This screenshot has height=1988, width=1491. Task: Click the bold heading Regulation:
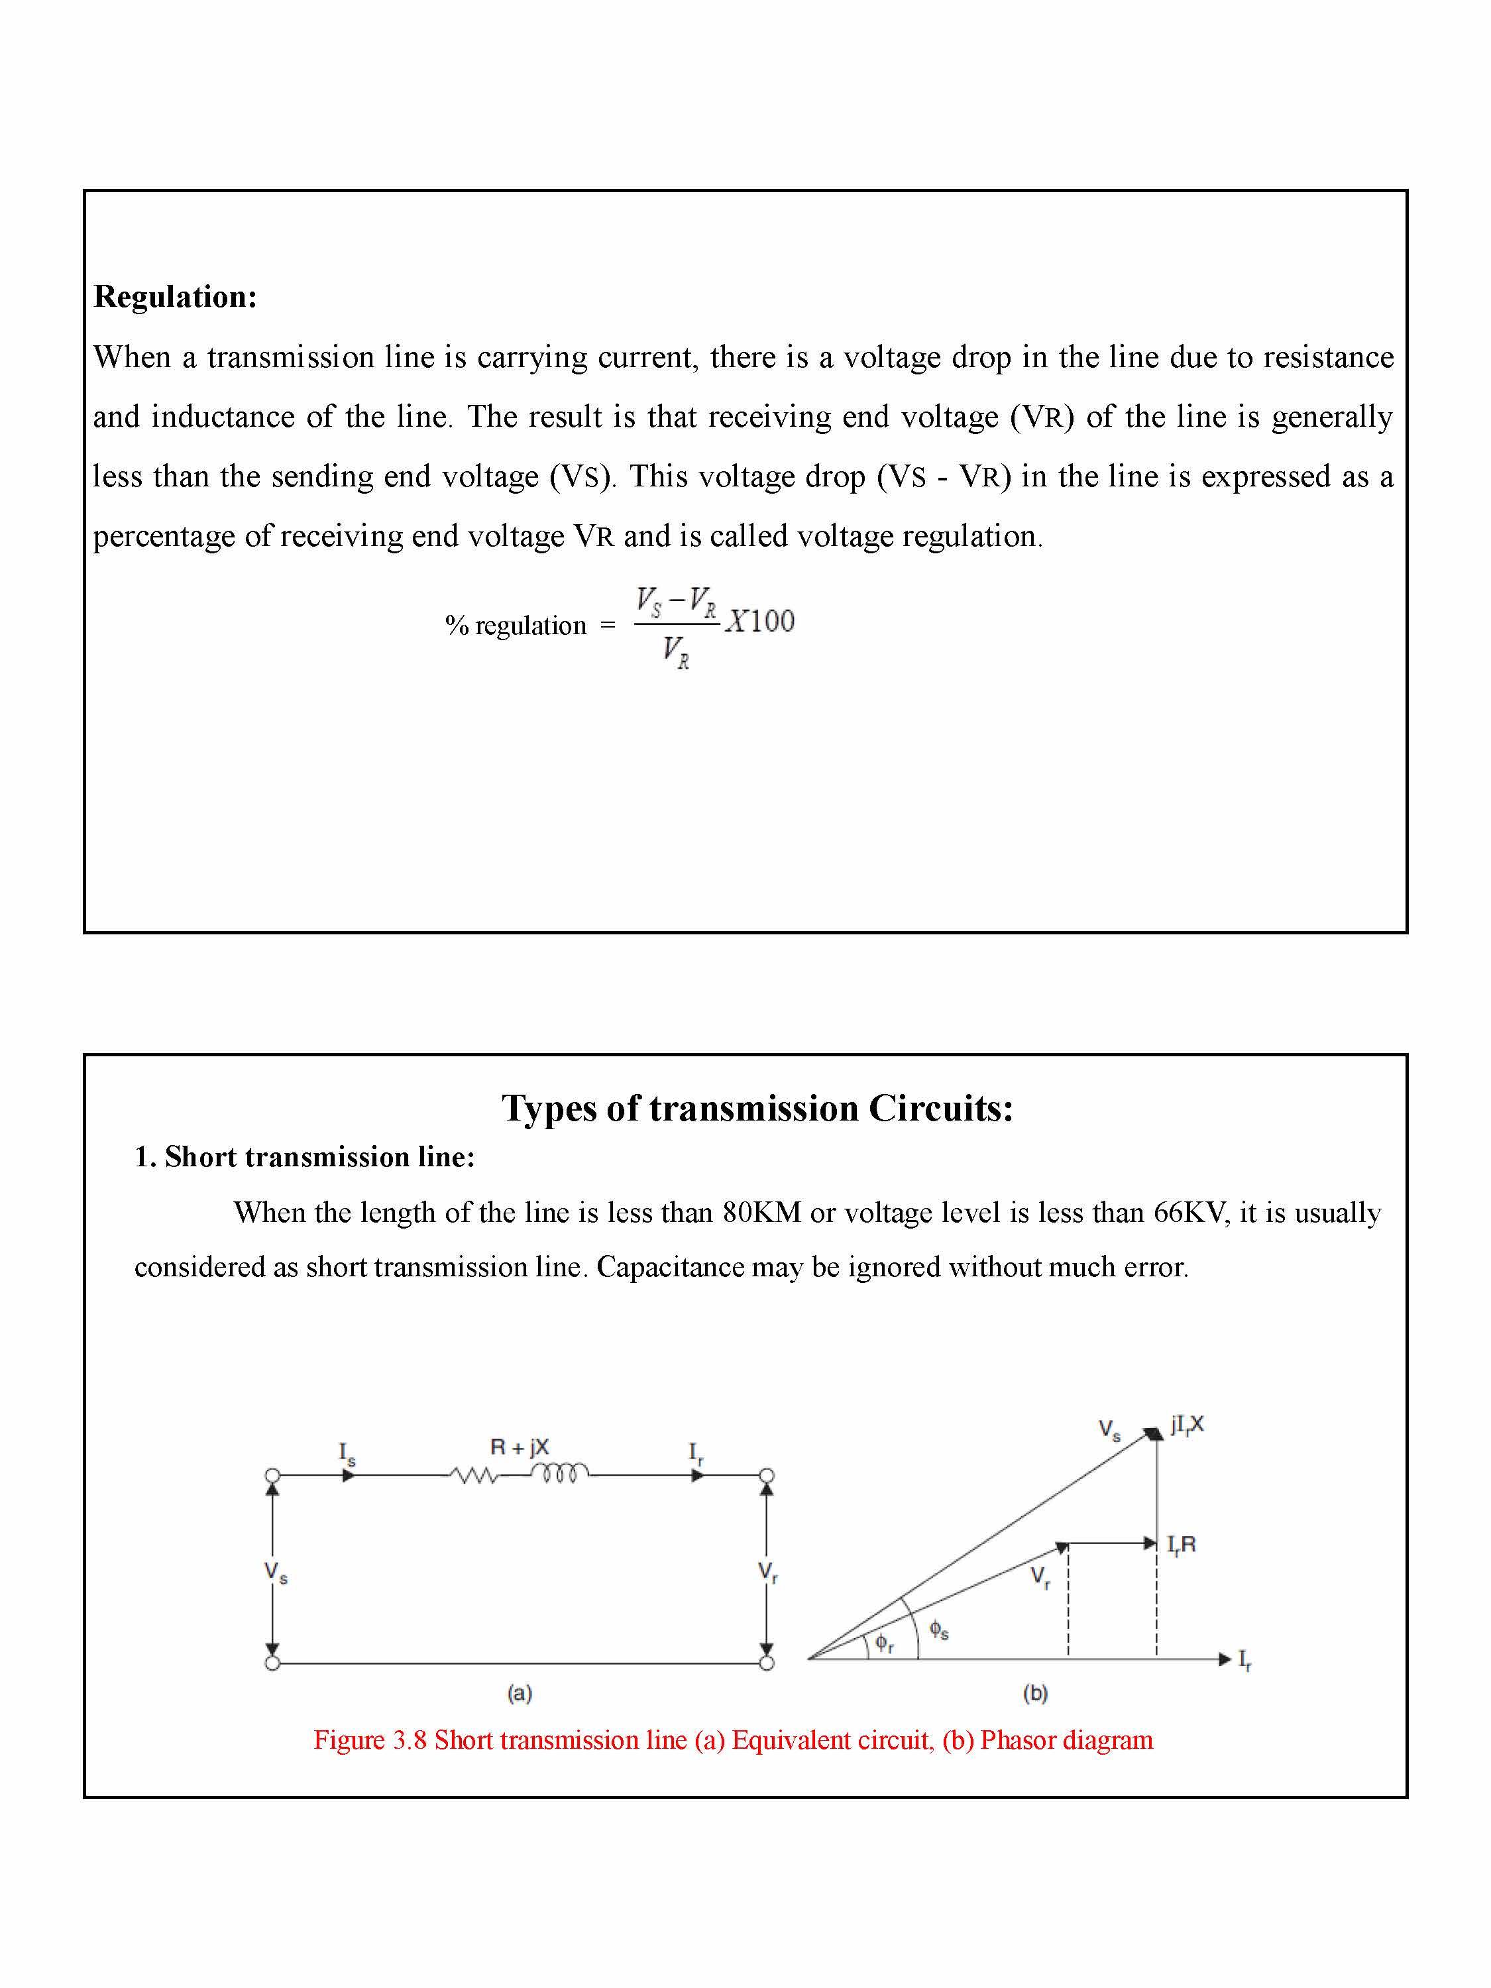point(175,297)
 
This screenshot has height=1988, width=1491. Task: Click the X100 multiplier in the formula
point(760,621)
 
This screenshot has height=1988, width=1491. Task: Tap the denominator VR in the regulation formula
point(676,651)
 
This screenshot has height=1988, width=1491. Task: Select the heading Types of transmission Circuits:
point(757,1108)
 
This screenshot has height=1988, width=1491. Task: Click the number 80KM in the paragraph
point(762,1213)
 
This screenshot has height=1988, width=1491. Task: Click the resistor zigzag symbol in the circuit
point(474,1476)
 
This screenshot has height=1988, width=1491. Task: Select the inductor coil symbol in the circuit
point(559,1472)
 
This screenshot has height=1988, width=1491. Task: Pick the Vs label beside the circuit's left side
point(275,1572)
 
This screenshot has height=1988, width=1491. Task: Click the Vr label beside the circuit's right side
point(767,1572)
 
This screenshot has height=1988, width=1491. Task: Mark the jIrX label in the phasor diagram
point(1186,1425)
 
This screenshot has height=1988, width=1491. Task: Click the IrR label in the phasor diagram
point(1181,1545)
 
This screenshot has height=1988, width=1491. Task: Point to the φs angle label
point(938,1629)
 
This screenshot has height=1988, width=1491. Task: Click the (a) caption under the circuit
point(520,1693)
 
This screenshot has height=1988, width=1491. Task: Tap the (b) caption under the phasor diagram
point(1034,1693)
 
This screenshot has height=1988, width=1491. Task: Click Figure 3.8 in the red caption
point(369,1740)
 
